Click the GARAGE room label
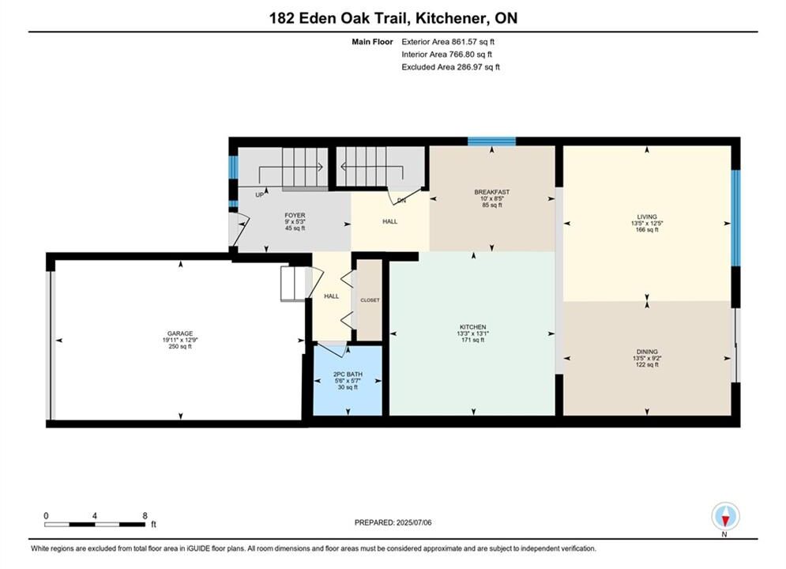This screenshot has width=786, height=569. tap(180, 333)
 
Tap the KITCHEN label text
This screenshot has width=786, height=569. tap(472, 327)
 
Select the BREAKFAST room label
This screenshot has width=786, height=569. tap(492, 192)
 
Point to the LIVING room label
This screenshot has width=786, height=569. tap(647, 217)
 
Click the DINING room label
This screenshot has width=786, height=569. tap(647, 352)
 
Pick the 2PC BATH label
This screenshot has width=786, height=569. tap(348, 375)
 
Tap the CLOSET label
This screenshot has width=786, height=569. tap(370, 300)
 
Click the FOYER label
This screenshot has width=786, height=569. tap(295, 216)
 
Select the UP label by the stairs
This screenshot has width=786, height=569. tap(260, 195)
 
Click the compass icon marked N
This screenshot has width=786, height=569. tap(725, 516)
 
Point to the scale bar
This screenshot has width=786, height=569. tap(95, 525)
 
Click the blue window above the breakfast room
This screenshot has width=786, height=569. tap(492, 141)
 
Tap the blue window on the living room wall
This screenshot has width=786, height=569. tap(735, 218)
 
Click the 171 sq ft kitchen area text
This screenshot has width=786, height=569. tap(472, 340)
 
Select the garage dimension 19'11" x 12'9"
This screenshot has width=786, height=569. tap(180, 340)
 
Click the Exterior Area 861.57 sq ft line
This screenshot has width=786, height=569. tap(448, 42)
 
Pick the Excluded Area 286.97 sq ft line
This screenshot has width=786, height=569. tap(450, 66)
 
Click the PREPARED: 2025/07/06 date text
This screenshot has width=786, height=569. tap(393, 522)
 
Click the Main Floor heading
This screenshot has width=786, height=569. tap(372, 42)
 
